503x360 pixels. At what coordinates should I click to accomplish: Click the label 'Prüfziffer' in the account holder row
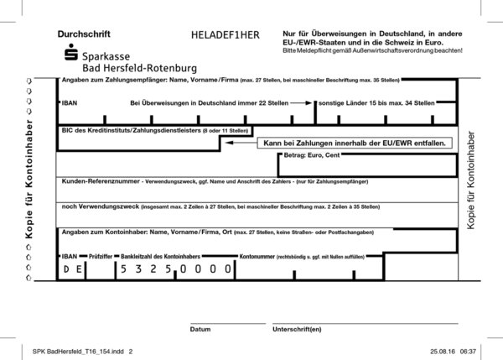[x=100, y=253]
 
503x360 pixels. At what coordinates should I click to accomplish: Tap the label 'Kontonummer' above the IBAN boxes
[x=258, y=253]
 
